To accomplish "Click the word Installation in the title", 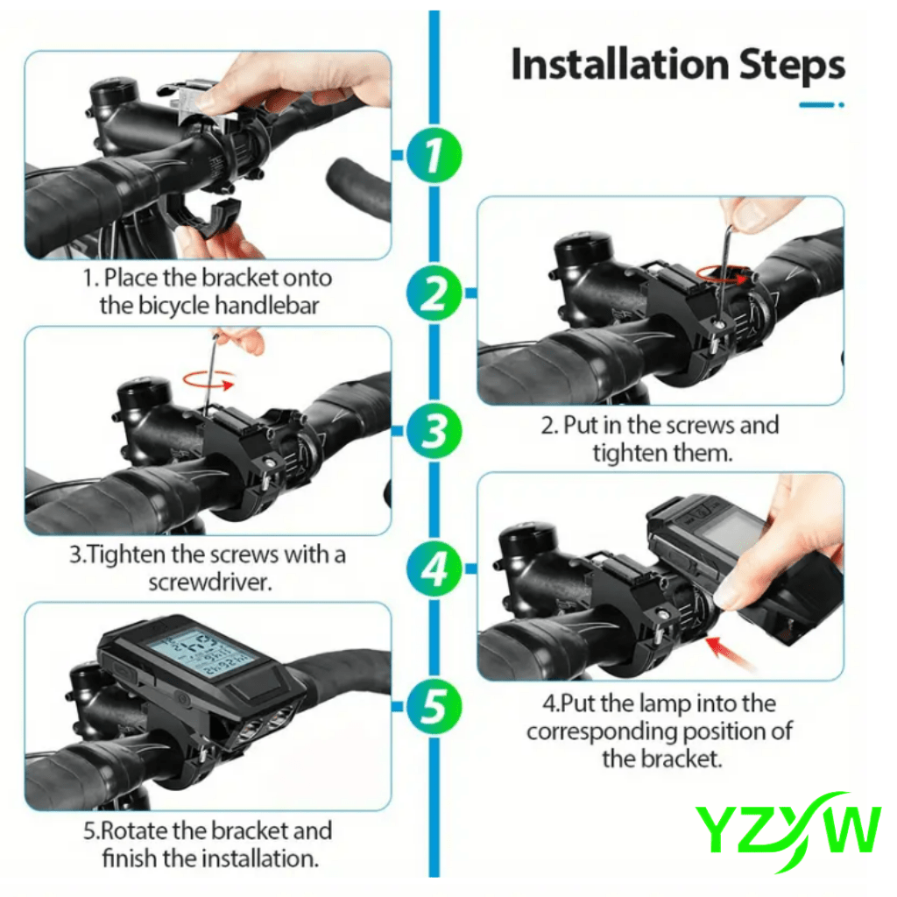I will (x=619, y=66).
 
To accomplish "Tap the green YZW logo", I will (x=787, y=827).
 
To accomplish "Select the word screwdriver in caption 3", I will (x=208, y=582).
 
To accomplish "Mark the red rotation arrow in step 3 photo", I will (x=208, y=380).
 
